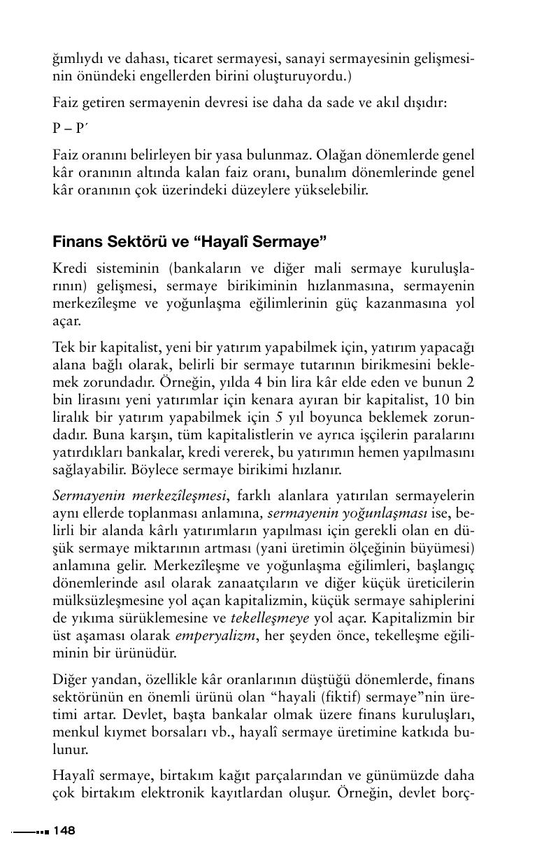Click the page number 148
(64, 831)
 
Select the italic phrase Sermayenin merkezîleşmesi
(140, 496)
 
